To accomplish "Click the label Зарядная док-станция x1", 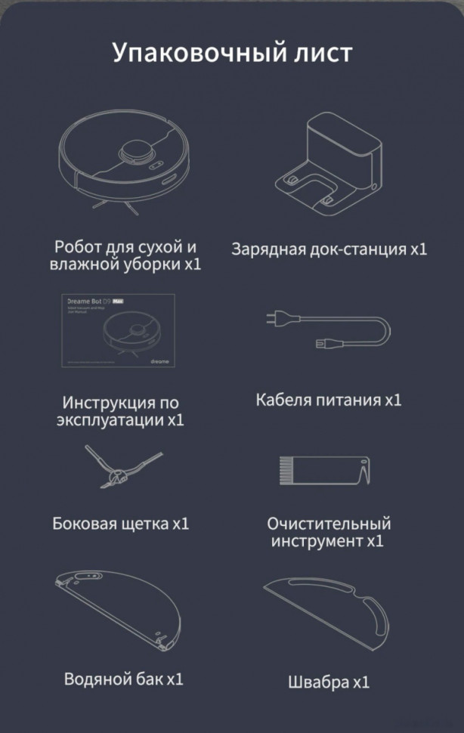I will [x=329, y=249].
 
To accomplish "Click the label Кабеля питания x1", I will [x=329, y=400].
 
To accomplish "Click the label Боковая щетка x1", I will [x=121, y=523].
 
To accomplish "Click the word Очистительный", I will [x=329, y=523].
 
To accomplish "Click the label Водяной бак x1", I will [x=124, y=679].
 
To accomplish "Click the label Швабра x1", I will [x=329, y=682].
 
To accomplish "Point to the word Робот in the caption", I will [x=77, y=247].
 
